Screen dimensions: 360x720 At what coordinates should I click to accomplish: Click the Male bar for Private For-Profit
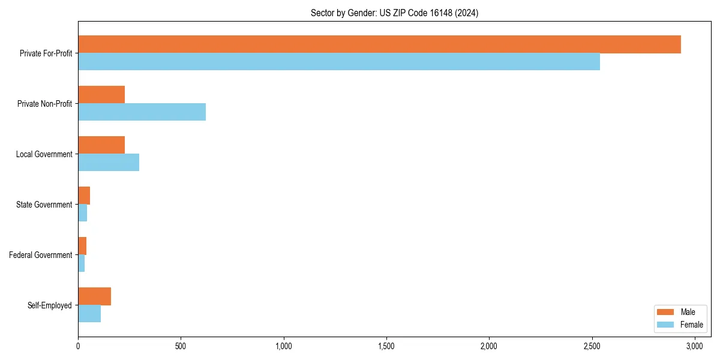(379, 44)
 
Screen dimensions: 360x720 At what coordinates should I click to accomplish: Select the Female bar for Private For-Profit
(339, 62)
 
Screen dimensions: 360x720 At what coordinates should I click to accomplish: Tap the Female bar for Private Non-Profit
(142, 112)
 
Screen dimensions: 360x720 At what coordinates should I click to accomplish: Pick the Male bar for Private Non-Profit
(101, 95)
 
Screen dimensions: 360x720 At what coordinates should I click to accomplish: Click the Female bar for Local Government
(109, 163)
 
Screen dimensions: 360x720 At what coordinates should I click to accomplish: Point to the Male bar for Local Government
(101, 145)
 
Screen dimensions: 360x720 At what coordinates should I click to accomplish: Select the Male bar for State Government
(84, 196)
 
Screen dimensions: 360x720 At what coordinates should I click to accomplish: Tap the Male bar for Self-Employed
(94, 296)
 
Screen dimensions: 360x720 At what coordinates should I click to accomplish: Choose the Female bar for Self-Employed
(89, 314)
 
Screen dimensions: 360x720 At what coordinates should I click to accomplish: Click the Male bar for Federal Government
(82, 246)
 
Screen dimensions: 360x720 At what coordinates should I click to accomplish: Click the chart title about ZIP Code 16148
(394, 13)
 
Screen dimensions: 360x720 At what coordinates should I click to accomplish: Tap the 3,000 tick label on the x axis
(695, 346)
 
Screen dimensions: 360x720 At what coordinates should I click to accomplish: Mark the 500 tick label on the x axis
(181, 346)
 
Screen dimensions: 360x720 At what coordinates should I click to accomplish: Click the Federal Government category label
(41, 255)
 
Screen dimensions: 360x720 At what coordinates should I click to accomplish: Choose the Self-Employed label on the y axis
(50, 305)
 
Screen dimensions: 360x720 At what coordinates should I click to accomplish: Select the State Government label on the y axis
(44, 205)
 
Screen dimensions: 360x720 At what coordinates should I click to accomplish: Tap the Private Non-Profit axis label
(44, 104)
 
